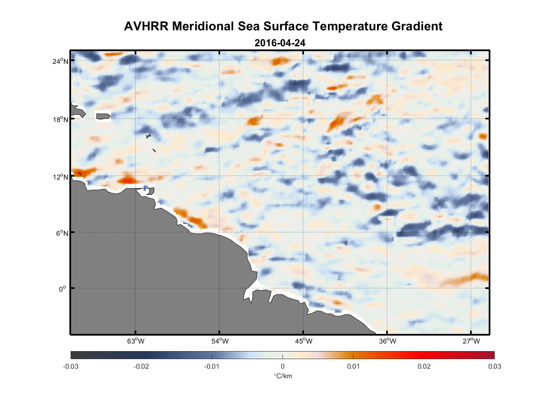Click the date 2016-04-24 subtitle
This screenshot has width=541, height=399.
pyautogui.click(x=280, y=43)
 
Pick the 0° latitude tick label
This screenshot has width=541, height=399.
pyautogui.click(x=63, y=289)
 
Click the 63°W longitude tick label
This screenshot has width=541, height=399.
pyautogui.click(x=136, y=341)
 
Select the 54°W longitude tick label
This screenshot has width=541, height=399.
pyautogui.click(x=220, y=341)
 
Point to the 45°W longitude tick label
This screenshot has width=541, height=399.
pyautogui.click(x=304, y=341)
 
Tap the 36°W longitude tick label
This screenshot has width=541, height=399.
pyautogui.click(x=387, y=341)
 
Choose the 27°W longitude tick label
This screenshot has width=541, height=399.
pyautogui.click(x=471, y=341)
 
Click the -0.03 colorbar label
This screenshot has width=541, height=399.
pyautogui.click(x=71, y=366)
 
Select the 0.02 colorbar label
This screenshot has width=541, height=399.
pyautogui.click(x=424, y=366)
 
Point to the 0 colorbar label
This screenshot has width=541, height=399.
pyautogui.click(x=282, y=366)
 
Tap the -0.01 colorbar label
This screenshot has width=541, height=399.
pyautogui.click(x=211, y=366)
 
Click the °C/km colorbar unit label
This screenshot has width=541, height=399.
pyautogui.click(x=282, y=376)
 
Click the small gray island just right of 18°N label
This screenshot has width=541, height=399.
pyautogui.click(x=103, y=116)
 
